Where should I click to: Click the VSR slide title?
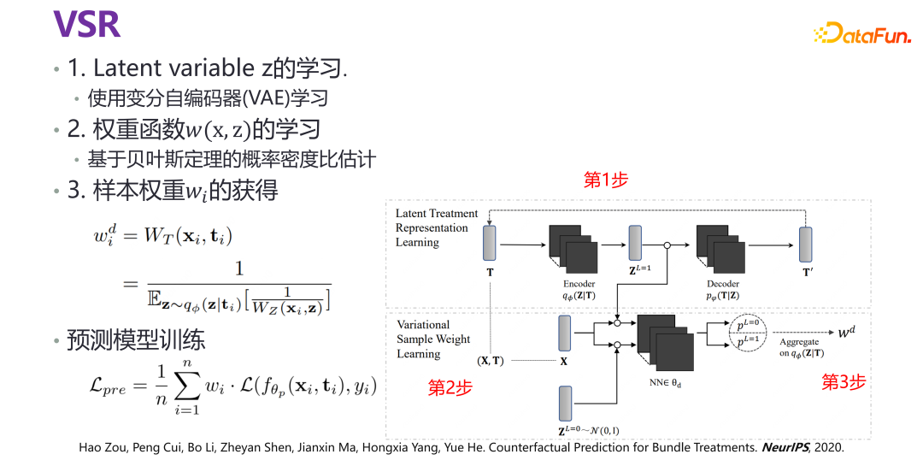(86, 24)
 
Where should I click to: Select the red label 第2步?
(450, 388)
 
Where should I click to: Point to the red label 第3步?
(844, 382)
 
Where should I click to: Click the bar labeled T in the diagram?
(489, 243)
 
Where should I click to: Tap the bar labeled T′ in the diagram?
(805, 244)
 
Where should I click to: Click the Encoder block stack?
(572, 247)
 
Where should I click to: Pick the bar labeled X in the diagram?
(564, 333)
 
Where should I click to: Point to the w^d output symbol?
(845, 331)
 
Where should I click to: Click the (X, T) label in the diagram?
(491, 361)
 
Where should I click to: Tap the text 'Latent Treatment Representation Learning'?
(436, 227)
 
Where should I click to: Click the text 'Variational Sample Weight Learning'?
(433, 339)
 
